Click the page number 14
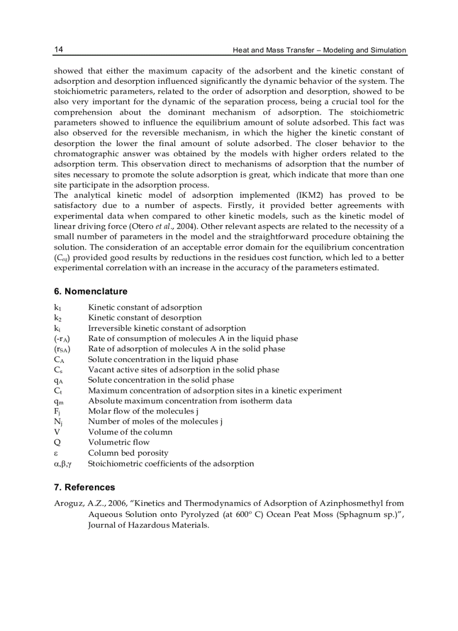coord(58,49)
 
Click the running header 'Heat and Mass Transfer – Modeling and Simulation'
coord(319,50)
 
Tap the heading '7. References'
coord(84,487)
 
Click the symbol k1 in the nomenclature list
coord(57,307)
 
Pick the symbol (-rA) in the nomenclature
coord(62,339)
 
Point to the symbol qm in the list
coord(58,401)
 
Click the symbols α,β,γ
coord(63,464)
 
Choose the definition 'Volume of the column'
coord(130,432)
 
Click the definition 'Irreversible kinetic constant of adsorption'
coord(167,328)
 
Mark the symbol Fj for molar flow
coord(57,411)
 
